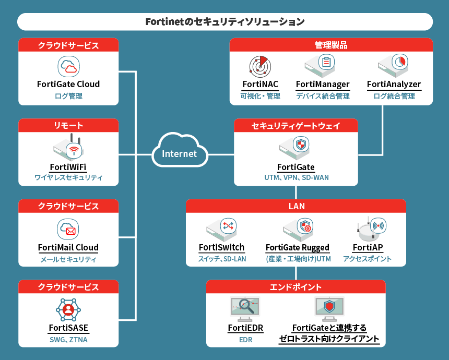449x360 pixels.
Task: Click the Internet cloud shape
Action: [x=179, y=153]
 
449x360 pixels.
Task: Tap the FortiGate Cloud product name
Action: [x=68, y=84]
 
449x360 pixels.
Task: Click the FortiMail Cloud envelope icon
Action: [x=68, y=229]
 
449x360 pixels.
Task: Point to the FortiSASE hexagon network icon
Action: [x=68, y=309]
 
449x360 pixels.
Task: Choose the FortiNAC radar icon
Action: [x=259, y=66]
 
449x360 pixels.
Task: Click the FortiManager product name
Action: [x=323, y=84]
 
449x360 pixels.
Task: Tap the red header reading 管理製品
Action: [x=331, y=45]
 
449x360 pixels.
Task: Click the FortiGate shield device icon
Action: [x=296, y=148]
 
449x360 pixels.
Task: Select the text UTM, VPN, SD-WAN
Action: [x=296, y=177]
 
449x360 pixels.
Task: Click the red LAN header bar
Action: [x=296, y=206]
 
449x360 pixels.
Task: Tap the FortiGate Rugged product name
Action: [x=297, y=247]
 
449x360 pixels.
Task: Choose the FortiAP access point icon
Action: [x=371, y=228]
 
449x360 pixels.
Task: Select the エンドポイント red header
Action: [x=296, y=287]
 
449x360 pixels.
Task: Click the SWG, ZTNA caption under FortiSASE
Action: [x=68, y=340]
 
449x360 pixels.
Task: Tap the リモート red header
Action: [x=68, y=125]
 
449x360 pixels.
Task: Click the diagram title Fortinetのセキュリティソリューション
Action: [x=225, y=22]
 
